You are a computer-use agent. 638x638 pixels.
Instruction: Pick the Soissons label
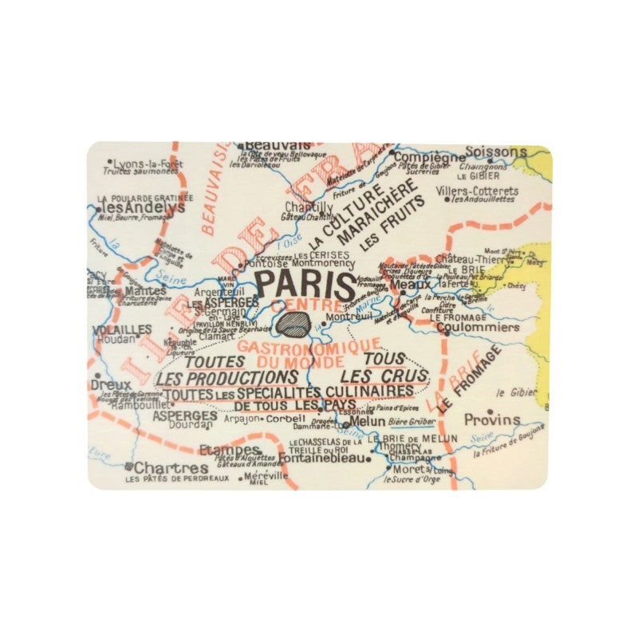coord(495,151)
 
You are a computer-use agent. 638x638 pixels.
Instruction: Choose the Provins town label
coord(492,419)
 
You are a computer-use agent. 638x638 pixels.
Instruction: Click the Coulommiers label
coord(477,326)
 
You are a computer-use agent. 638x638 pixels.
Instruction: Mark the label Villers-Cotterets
coord(477,191)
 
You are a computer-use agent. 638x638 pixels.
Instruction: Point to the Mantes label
coord(146,291)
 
